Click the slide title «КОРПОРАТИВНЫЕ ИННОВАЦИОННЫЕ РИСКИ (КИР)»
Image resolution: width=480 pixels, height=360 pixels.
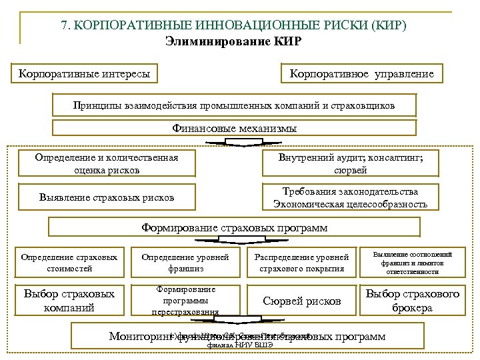tap(233, 25)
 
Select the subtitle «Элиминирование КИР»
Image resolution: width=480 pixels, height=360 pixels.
tap(233, 41)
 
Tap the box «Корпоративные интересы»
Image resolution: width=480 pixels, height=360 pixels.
tap(85, 73)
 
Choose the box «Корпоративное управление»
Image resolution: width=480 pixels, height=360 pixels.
tap(361, 73)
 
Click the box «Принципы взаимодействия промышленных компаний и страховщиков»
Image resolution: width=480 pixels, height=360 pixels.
tap(234, 105)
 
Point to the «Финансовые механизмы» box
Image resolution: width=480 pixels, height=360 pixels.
tap(234, 128)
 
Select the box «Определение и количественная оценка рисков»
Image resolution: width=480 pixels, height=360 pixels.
tap(107, 164)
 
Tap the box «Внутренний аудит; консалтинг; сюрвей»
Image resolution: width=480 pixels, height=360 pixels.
tap(350, 164)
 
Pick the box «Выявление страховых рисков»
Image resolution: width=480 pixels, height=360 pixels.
tap(107, 197)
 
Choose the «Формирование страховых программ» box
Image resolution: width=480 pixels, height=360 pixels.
tap(235, 228)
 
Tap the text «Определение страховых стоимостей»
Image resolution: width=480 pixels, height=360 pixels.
tap(69, 263)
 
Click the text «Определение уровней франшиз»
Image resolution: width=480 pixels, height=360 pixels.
tap(185, 263)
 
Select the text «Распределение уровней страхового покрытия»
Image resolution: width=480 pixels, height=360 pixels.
tap(302, 263)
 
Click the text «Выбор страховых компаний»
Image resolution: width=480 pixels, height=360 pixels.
tap(69, 301)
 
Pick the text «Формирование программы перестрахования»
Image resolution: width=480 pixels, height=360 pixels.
tap(185, 301)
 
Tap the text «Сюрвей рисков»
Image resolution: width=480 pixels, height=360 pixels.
tap(302, 301)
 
